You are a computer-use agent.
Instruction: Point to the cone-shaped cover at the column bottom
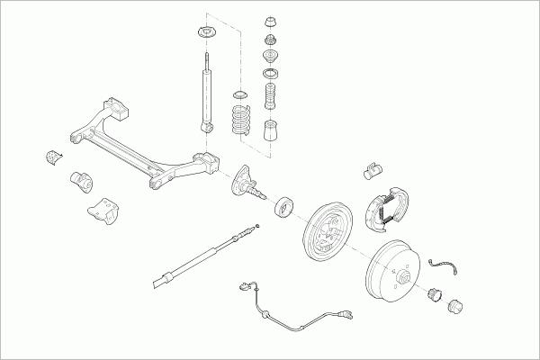(270, 132)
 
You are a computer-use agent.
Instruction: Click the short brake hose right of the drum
(443, 264)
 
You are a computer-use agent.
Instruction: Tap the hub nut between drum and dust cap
(434, 292)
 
